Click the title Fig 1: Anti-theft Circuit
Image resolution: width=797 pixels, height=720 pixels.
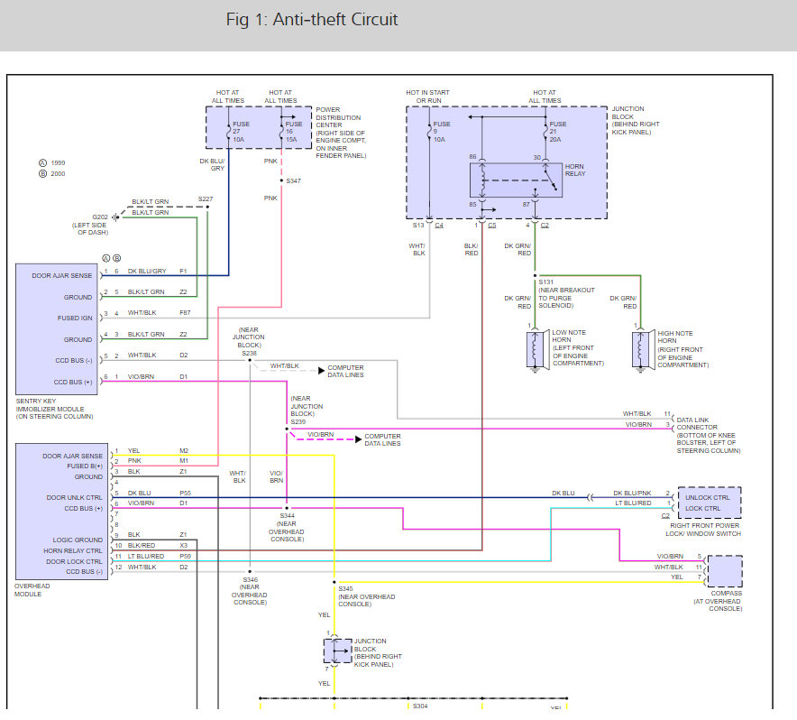pyautogui.click(x=312, y=20)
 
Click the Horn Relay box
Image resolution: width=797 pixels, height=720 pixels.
pyautogui.click(x=516, y=180)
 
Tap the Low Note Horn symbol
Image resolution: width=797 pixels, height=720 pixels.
pyautogui.click(x=535, y=349)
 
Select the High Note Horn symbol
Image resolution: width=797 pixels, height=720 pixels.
pyautogui.click(x=640, y=349)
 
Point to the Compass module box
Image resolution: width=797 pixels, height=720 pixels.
pyautogui.click(x=725, y=571)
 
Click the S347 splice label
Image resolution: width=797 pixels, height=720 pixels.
pyautogui.click(x=293, y=180)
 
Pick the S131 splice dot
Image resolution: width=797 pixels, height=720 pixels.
pyautogui.click(x=535, y=275)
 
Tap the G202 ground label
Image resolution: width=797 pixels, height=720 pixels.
pyautogui.click(x=100, y=217)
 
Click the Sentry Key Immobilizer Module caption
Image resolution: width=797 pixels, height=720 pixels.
pyautogui.click(x=54, y=409)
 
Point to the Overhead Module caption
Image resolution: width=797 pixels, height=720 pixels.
pyautogui.click(x=32, y=590)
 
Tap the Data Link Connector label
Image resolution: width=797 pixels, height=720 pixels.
pyautogui.click(x=709, y=435)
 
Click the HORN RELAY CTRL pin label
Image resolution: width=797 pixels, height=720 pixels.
pyautogui.click(x=73, y=550)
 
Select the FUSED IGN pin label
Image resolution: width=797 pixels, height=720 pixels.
pyautogui.click(x=75, y=318)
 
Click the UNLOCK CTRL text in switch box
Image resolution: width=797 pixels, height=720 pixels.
pyautogui.click(x=707, y=498)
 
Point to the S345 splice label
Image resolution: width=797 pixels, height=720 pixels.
pyautogui.click(x=345, y=588)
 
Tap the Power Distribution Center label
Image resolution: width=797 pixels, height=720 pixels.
pyautogui.click(x=341, y=133)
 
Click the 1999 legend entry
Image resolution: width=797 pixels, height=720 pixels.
pyautogui.click(x=52, y=162)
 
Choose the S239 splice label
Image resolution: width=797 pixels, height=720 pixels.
pyautogui.click(x=298, y=422)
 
